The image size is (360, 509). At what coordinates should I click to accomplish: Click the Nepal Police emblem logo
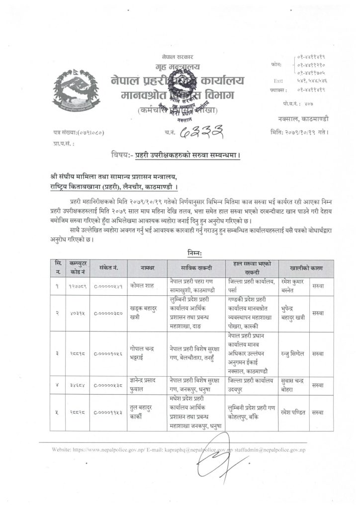point(76,91)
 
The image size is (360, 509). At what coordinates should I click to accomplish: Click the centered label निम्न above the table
point(180,253)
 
